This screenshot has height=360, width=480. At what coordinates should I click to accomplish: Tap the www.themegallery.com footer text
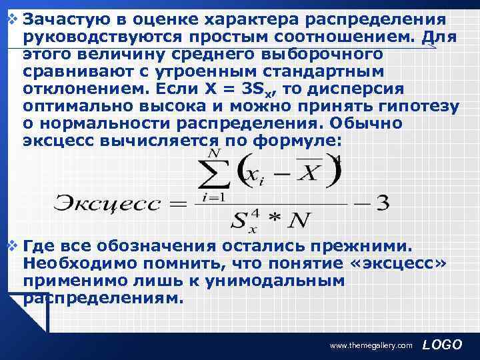(372, 346)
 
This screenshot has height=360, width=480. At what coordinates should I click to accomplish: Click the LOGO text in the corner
(442, 345)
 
